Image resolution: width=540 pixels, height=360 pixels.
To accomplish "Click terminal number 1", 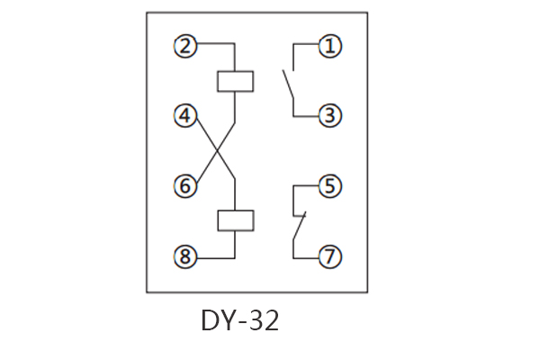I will point(330,45).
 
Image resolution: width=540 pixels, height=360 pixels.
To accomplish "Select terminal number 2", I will point(185,45).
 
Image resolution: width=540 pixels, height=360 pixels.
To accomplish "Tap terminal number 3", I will point(330,115).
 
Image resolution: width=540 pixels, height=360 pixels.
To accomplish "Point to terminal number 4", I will point(185,115).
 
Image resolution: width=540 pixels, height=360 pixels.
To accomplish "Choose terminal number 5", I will point(330,186).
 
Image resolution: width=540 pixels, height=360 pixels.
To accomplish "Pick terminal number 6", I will point(185,186).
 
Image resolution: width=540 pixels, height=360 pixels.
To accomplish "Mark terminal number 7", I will point(330,256).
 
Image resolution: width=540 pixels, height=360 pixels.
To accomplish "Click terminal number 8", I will point(185,256).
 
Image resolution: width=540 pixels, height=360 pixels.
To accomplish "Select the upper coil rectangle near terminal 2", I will point(235,81).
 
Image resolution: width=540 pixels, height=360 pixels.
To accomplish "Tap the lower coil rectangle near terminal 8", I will point(235,220).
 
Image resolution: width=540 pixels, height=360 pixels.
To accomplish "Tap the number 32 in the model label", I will point(263,321).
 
